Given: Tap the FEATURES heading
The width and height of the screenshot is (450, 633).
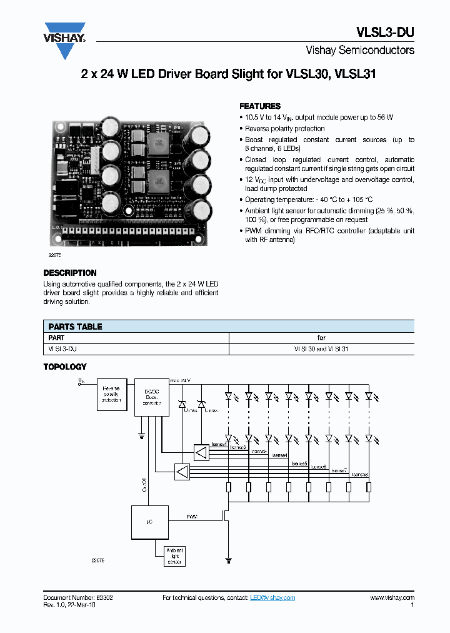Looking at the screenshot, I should click(260, 106).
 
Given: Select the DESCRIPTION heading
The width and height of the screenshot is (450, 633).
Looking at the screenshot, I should click(70, 273).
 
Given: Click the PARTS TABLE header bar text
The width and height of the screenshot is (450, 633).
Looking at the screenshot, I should click(75, 327).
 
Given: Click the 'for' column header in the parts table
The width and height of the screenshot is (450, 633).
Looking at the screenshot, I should click(321, 338).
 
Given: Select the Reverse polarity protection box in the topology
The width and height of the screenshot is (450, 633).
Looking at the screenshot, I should click(112, 395).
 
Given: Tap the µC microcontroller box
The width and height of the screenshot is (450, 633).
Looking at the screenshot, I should click(149, 522).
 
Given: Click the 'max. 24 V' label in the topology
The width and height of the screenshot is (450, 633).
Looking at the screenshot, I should click(180, 380).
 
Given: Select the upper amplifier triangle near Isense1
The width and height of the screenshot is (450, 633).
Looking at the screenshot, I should click(201, 453).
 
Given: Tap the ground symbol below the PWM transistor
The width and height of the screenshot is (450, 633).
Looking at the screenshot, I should click(229, 560).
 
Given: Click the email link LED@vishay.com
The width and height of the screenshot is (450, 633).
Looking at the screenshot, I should click(272, 598).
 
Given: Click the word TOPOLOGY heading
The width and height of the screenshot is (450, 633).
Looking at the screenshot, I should click(65, 367).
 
